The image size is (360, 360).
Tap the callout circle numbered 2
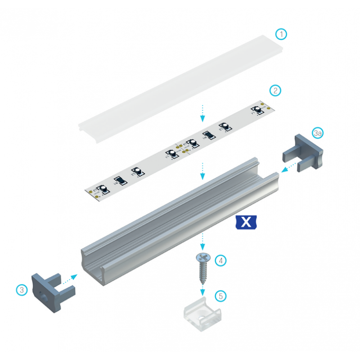275,90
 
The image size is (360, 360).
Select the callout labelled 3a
318,133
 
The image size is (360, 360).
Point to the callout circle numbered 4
220,260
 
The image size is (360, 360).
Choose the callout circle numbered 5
220,296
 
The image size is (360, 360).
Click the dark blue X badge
246,222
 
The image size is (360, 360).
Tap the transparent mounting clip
203,315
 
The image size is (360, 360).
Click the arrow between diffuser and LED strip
203,113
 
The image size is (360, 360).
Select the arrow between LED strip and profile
203,171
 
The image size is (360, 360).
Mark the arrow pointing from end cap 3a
288,168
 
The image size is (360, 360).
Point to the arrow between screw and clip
203,288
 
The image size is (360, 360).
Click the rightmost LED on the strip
258,109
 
